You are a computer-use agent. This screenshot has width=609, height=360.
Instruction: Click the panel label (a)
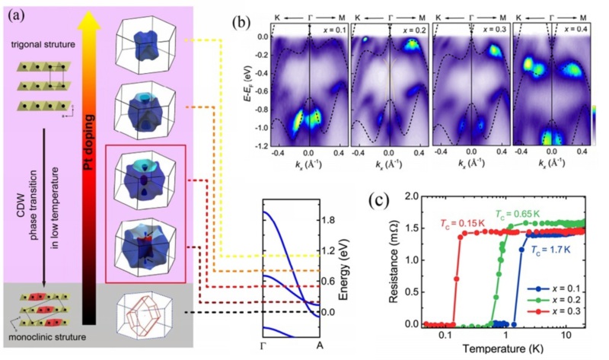point(15,11)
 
